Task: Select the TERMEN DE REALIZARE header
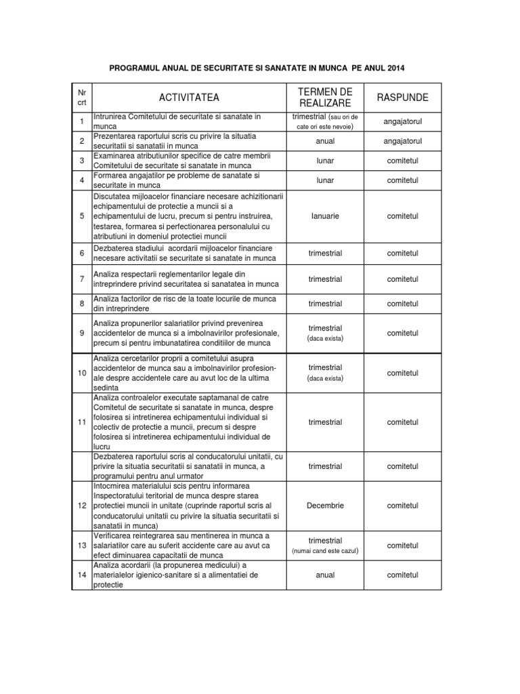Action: click(x=325, y=98)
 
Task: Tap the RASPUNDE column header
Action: click(x=402, y=98)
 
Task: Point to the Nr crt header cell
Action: click(x=82, y=98)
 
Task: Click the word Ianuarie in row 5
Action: click(x=325, y=216)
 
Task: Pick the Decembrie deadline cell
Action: click(x=325, y=506)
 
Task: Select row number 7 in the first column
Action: click(x=82, y=279)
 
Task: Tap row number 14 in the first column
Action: click(x=82, y=575)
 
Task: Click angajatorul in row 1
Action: click(x=402, y=122)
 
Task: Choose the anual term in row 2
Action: click(x=325, y=141)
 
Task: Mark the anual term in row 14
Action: click(x=325, y=575)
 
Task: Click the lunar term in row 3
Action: click(x=325, y=161)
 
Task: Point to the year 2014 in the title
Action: click(x=398, y=68)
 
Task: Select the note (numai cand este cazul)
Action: click(x=325, y=552)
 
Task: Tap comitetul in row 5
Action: click(x=402, y=216)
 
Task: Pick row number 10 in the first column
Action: click(x=82, y=373)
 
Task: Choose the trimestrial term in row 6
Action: click(x=325, y=253)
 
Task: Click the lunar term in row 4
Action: click(x=325, y=180)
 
